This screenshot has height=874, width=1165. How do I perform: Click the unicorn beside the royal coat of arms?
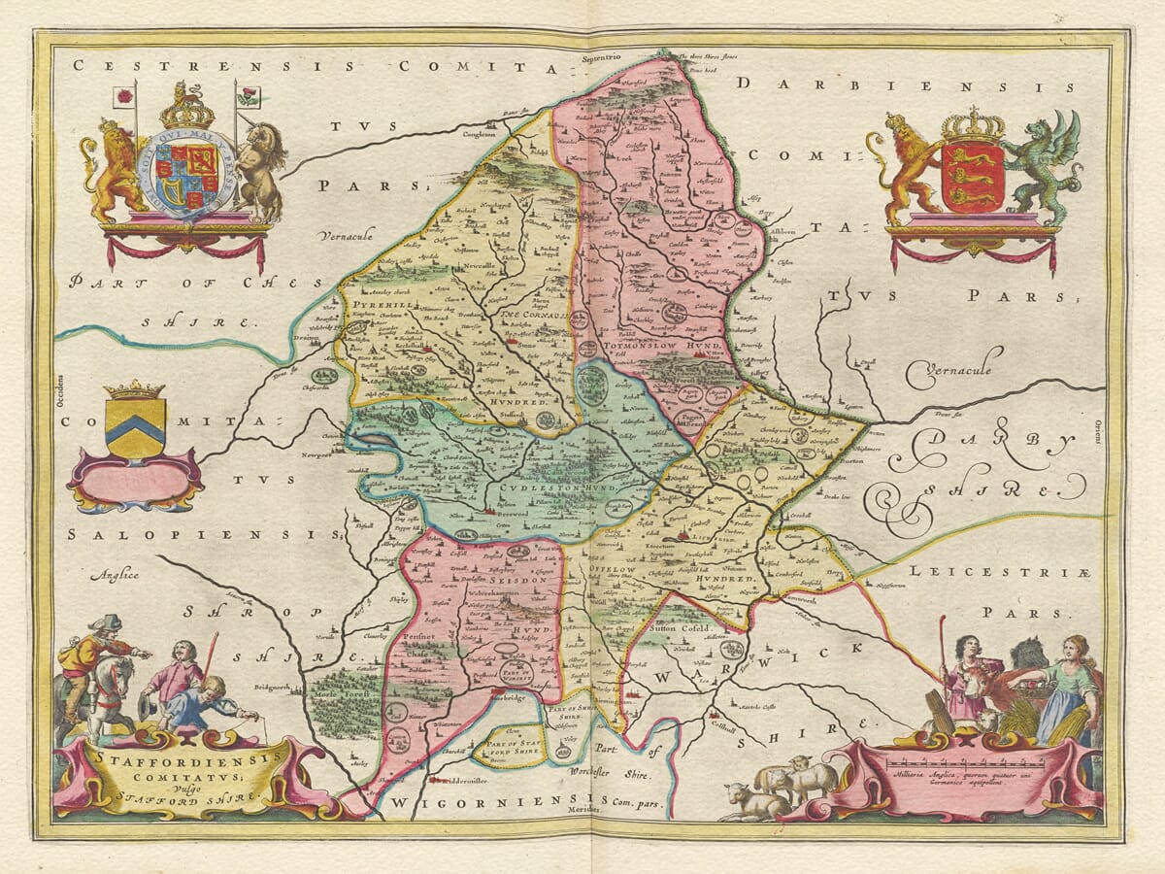point(259,170)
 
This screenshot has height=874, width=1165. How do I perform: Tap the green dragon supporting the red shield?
point(1043,165)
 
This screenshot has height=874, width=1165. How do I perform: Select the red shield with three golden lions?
point(972,175)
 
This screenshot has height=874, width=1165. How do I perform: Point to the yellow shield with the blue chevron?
point(135,426)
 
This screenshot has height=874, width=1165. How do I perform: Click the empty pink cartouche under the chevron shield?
point(134,482)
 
